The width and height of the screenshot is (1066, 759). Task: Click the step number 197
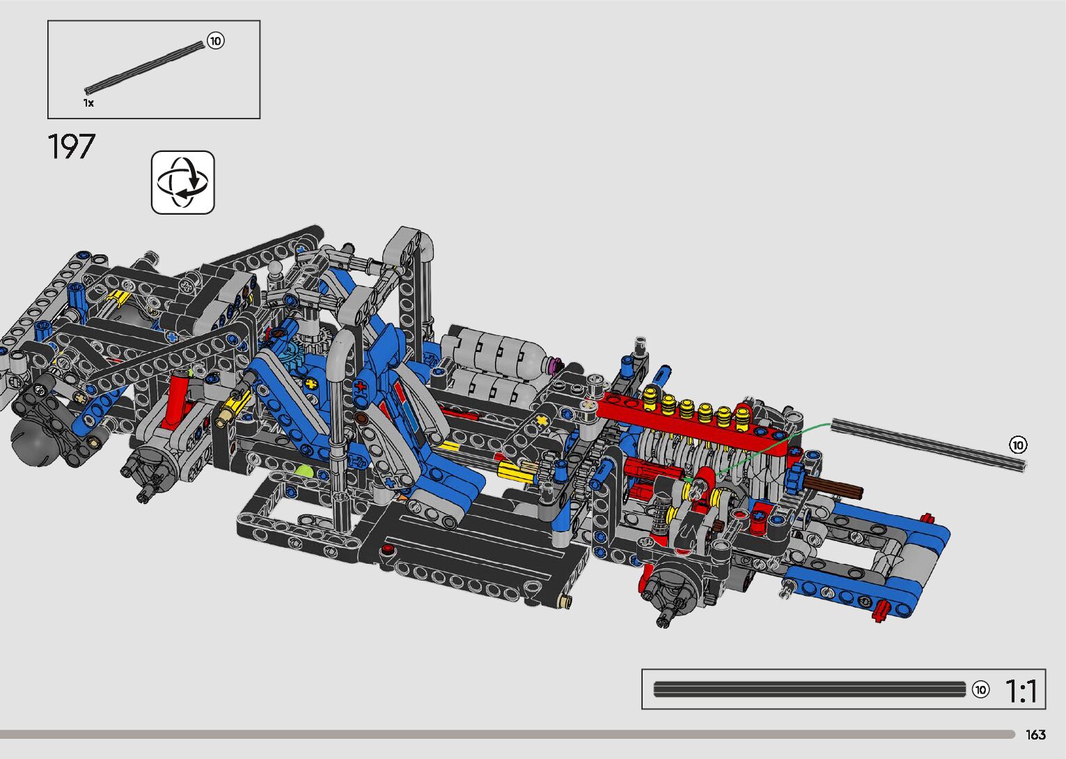[72, 146]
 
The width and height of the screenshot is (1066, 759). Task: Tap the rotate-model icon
[182, 183]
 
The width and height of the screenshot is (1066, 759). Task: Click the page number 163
[1035, 735]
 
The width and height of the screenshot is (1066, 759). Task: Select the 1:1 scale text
[1020, 691]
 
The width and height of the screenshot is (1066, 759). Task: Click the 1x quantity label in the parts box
[88, 103]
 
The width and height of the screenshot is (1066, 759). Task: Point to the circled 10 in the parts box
[216, 41]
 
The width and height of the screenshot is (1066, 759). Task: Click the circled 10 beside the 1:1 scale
[980, 690]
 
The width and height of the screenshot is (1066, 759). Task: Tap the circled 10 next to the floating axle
[1018, 445]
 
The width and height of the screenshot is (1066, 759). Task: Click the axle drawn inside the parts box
[145, 67]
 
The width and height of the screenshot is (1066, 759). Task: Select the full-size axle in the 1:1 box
[810, 689]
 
